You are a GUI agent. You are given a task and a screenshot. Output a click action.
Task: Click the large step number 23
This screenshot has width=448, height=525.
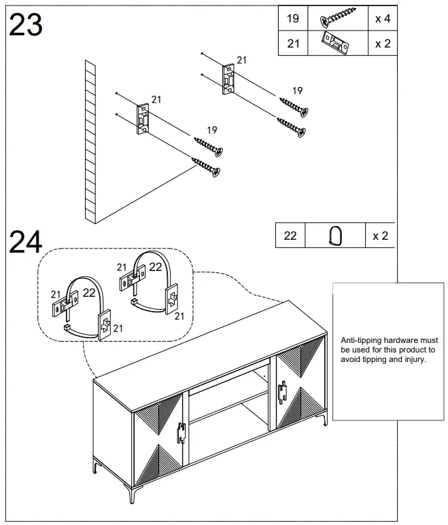25,25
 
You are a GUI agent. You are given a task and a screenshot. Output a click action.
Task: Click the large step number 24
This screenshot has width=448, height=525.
25,242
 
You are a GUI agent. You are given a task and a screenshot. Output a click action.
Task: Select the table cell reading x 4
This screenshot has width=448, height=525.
382,18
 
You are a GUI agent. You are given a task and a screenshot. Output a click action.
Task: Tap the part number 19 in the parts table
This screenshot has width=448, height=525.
292,18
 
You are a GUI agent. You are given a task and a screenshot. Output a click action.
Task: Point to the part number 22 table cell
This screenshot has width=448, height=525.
290,236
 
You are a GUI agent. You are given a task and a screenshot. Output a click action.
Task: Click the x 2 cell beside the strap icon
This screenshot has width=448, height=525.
380,236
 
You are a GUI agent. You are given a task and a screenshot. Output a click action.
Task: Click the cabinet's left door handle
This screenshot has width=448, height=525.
181,433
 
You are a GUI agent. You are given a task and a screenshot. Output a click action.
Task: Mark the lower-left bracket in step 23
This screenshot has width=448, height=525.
143,120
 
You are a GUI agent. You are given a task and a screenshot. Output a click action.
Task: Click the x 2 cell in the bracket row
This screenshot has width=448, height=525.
382,43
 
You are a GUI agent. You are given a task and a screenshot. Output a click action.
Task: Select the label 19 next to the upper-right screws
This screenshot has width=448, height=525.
297,90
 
